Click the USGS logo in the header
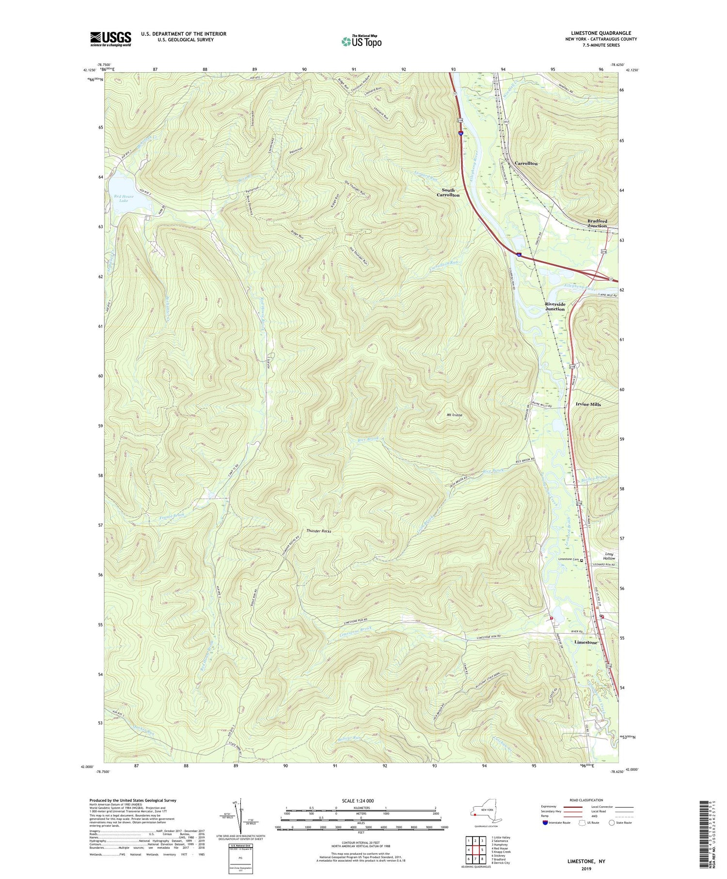[x=111, y=39]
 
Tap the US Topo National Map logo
[x=361, y=42]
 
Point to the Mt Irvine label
[x=454, y=415]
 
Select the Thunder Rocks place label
[x=318, y=531]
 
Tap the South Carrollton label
[x=448, y=192]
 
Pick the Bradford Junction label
[x=597, y=223]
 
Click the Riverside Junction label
[x=554, y=306]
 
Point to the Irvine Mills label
[x=588, y=404]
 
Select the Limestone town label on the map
[x=585, y=642]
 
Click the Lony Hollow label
[x=609, y=556]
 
